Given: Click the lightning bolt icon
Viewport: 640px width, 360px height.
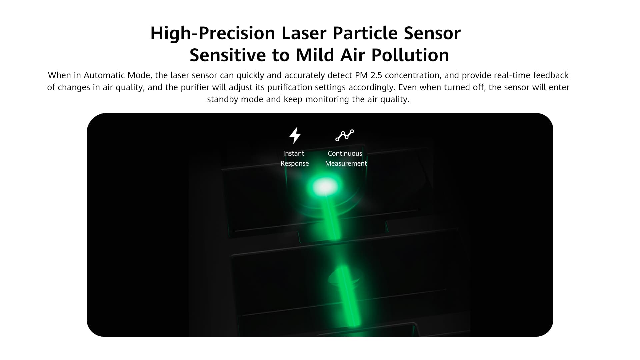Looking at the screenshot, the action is click(x=295, y=135).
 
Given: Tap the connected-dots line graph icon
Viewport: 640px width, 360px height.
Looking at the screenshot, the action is click(x=345, y=135).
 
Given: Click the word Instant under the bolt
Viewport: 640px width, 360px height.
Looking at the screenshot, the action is click(x=294, y=153).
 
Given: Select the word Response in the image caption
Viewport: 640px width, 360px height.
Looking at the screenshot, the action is click(x=295, y=164).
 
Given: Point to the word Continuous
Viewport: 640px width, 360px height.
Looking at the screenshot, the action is click(x=345, y=153).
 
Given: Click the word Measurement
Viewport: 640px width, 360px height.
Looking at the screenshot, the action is click(x=346, y=163).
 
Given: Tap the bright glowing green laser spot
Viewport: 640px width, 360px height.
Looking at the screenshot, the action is click(x=325, y=186).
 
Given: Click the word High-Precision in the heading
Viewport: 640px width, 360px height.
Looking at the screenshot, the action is click(x=213, y=33).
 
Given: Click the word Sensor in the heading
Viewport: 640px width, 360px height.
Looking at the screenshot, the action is click(x=432, y=33).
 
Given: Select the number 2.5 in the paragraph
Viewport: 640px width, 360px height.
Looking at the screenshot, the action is click(x=376, y=75).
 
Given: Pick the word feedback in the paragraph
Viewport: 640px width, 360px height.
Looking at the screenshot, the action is click(x=551, y=75).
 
